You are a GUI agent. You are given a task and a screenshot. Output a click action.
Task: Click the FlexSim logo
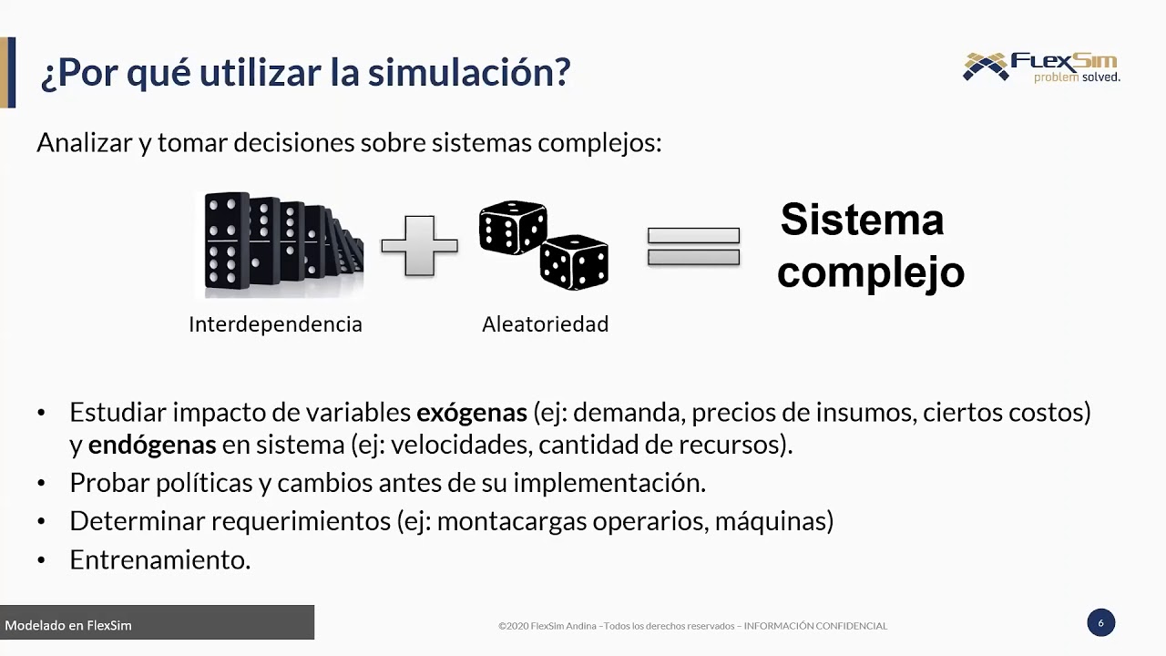tap(1041, 67)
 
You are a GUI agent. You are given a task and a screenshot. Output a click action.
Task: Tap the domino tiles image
tap(279, 244)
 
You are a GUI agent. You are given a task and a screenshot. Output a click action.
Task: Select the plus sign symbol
tap(419, 245)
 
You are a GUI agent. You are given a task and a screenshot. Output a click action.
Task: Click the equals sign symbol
tap(693, 246)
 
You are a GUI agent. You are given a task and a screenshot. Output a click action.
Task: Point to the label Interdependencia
tap(275, 324)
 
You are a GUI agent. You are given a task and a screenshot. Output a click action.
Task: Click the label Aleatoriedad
tap(545, 324)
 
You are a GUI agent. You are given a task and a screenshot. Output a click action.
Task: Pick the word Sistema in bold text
tap(862, 220)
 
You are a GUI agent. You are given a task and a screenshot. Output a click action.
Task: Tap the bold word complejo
tap(870, 272)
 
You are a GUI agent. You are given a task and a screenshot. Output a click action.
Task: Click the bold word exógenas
tap(472, 413)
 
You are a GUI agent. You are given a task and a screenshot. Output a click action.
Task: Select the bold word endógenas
tap(152, 446)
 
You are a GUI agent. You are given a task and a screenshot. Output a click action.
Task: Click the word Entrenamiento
tap(159, 560)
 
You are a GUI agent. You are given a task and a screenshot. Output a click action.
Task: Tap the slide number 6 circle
tap(1100, 623)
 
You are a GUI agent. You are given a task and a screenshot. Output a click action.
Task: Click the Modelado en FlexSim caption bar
tap(157, 625)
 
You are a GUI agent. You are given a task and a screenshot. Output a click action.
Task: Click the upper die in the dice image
tap(513, 228)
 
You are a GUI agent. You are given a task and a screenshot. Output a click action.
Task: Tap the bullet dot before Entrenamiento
tap(41, 560)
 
